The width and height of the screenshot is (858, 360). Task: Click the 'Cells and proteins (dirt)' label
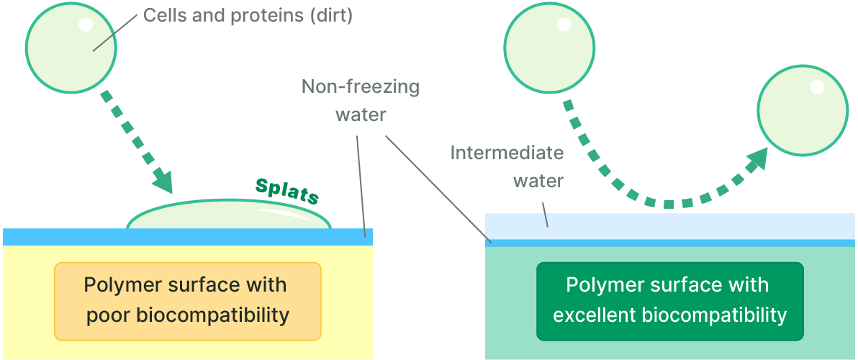[248, 16]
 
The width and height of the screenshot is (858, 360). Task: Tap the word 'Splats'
[287, 191]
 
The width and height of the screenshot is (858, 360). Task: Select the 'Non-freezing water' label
[361, 101]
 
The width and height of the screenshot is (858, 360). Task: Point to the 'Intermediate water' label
[507, 166]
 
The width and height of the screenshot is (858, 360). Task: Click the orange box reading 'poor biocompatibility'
[187, 300]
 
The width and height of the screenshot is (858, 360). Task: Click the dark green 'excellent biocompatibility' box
[669, 300]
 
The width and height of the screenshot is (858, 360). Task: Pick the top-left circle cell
[71, 48]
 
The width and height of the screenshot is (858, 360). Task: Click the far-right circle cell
[803, 112]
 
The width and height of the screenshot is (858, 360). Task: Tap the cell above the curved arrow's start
[550, 49]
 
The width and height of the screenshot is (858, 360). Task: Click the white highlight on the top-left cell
[85, 24]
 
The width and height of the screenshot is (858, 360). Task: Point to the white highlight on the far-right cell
[817, 87]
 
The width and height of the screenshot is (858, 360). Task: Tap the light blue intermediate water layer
[669, 226]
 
